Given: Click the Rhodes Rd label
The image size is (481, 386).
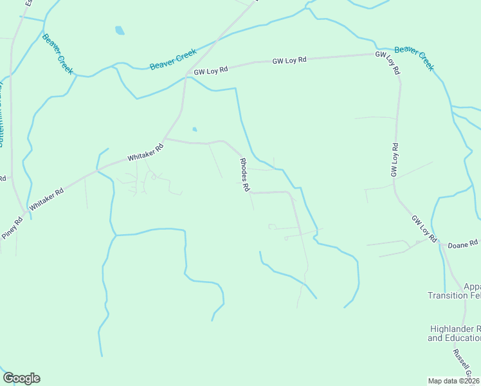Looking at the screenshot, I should click(x=244, y=176).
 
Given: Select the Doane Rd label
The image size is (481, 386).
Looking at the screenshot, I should click(x=463, y=244).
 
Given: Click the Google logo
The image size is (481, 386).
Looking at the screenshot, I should click(x=21, y=378).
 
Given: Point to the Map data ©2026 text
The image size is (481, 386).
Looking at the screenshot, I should click(x=454, y=381).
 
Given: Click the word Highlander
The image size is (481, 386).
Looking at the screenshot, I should click(x=454, y=329).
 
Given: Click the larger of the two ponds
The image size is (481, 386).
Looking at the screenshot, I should click(x=119, y=30).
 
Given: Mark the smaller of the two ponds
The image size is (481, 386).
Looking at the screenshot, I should click(x=195, y=128).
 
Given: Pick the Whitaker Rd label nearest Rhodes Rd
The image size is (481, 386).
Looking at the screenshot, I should click(x=145, y=152).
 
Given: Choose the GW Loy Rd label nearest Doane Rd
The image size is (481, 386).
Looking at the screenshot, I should click(x=424, y=228).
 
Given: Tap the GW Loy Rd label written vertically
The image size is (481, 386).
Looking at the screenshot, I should click(x=395, y=160).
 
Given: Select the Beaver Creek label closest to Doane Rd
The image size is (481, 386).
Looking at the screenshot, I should click(x=415, y=58).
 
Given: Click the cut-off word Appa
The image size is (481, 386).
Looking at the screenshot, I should click(x=471, y=287).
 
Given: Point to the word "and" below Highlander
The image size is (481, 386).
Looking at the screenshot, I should click(x=435, y=338).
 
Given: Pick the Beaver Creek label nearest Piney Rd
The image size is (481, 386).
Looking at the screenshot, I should click(x=58, y=53).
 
